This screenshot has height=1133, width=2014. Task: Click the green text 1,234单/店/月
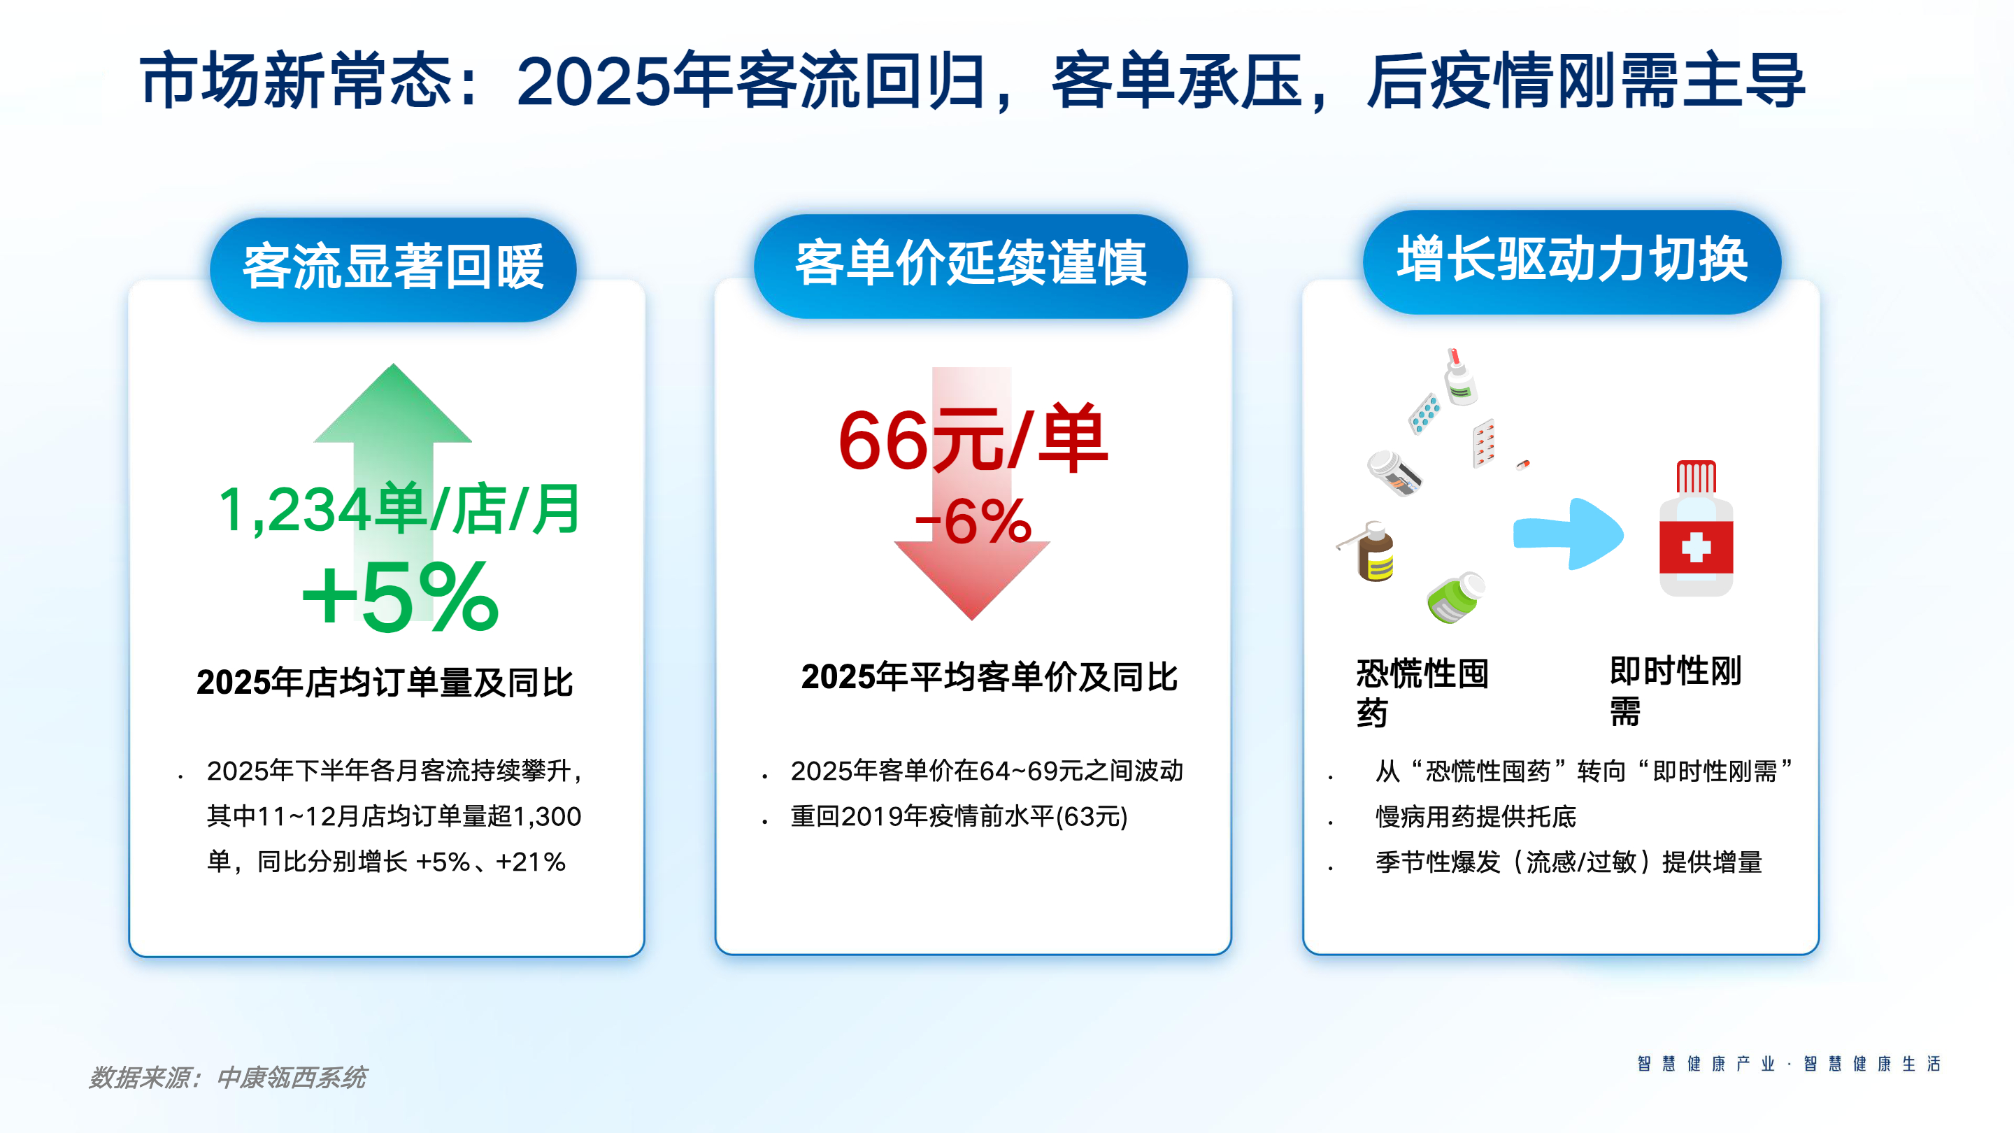point(399,510)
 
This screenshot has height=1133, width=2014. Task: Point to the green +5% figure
point(400,598)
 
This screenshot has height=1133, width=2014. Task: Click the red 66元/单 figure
point(973,439)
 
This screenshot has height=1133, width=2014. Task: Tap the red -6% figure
point(973,522)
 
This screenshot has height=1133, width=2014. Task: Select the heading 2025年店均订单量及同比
point(385,682)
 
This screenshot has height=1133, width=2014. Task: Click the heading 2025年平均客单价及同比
point(989,677)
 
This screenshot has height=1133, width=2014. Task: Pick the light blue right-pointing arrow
point(1569,534)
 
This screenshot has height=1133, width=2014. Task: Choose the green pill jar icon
point(1455,597)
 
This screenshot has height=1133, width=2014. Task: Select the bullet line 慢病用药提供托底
point(1476,817)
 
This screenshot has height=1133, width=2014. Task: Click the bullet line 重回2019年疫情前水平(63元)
point(959,816)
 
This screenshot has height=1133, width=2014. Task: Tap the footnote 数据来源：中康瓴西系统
point(227,1078)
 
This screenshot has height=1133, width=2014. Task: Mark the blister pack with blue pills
point(1424,413)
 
